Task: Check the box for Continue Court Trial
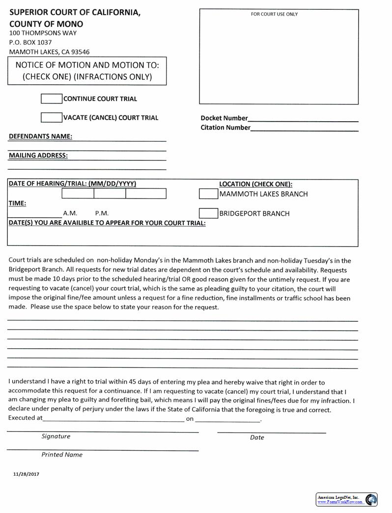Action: pyautogui.click(x=52, y=99)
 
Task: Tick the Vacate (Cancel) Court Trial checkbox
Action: pyautogui.click(x=52, y=118)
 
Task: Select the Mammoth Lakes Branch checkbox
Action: pyautogui.click(x=208, y=194)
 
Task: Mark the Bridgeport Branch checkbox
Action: pyautogui.click(x=208, y=213)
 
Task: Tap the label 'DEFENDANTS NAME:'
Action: pyautogui.click(x=40, y=136)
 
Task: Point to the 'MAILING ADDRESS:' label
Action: pyautogui.click(x=38, y=155)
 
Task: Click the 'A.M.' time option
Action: pyautogui.click(x=70, y=213)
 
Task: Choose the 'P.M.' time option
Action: pyautogui.click(x=102, y=213)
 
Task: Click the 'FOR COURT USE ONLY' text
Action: pyautogui.click(x=274, y=14)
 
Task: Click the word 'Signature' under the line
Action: pyautogui.click(x=56, y=436)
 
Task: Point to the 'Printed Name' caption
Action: pyautogui.click(x=62, y=455)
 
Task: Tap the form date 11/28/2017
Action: pyautogui.click(x=26, y=474)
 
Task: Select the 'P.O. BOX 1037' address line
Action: pyautogui.click(x=30, y=42)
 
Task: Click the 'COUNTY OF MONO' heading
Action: pyautogui.click(x=46, y=24)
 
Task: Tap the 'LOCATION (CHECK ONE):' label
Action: pyautogui.click(x=255, y=184)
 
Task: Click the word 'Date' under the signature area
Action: pyautogui.click(x=257, y=437)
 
